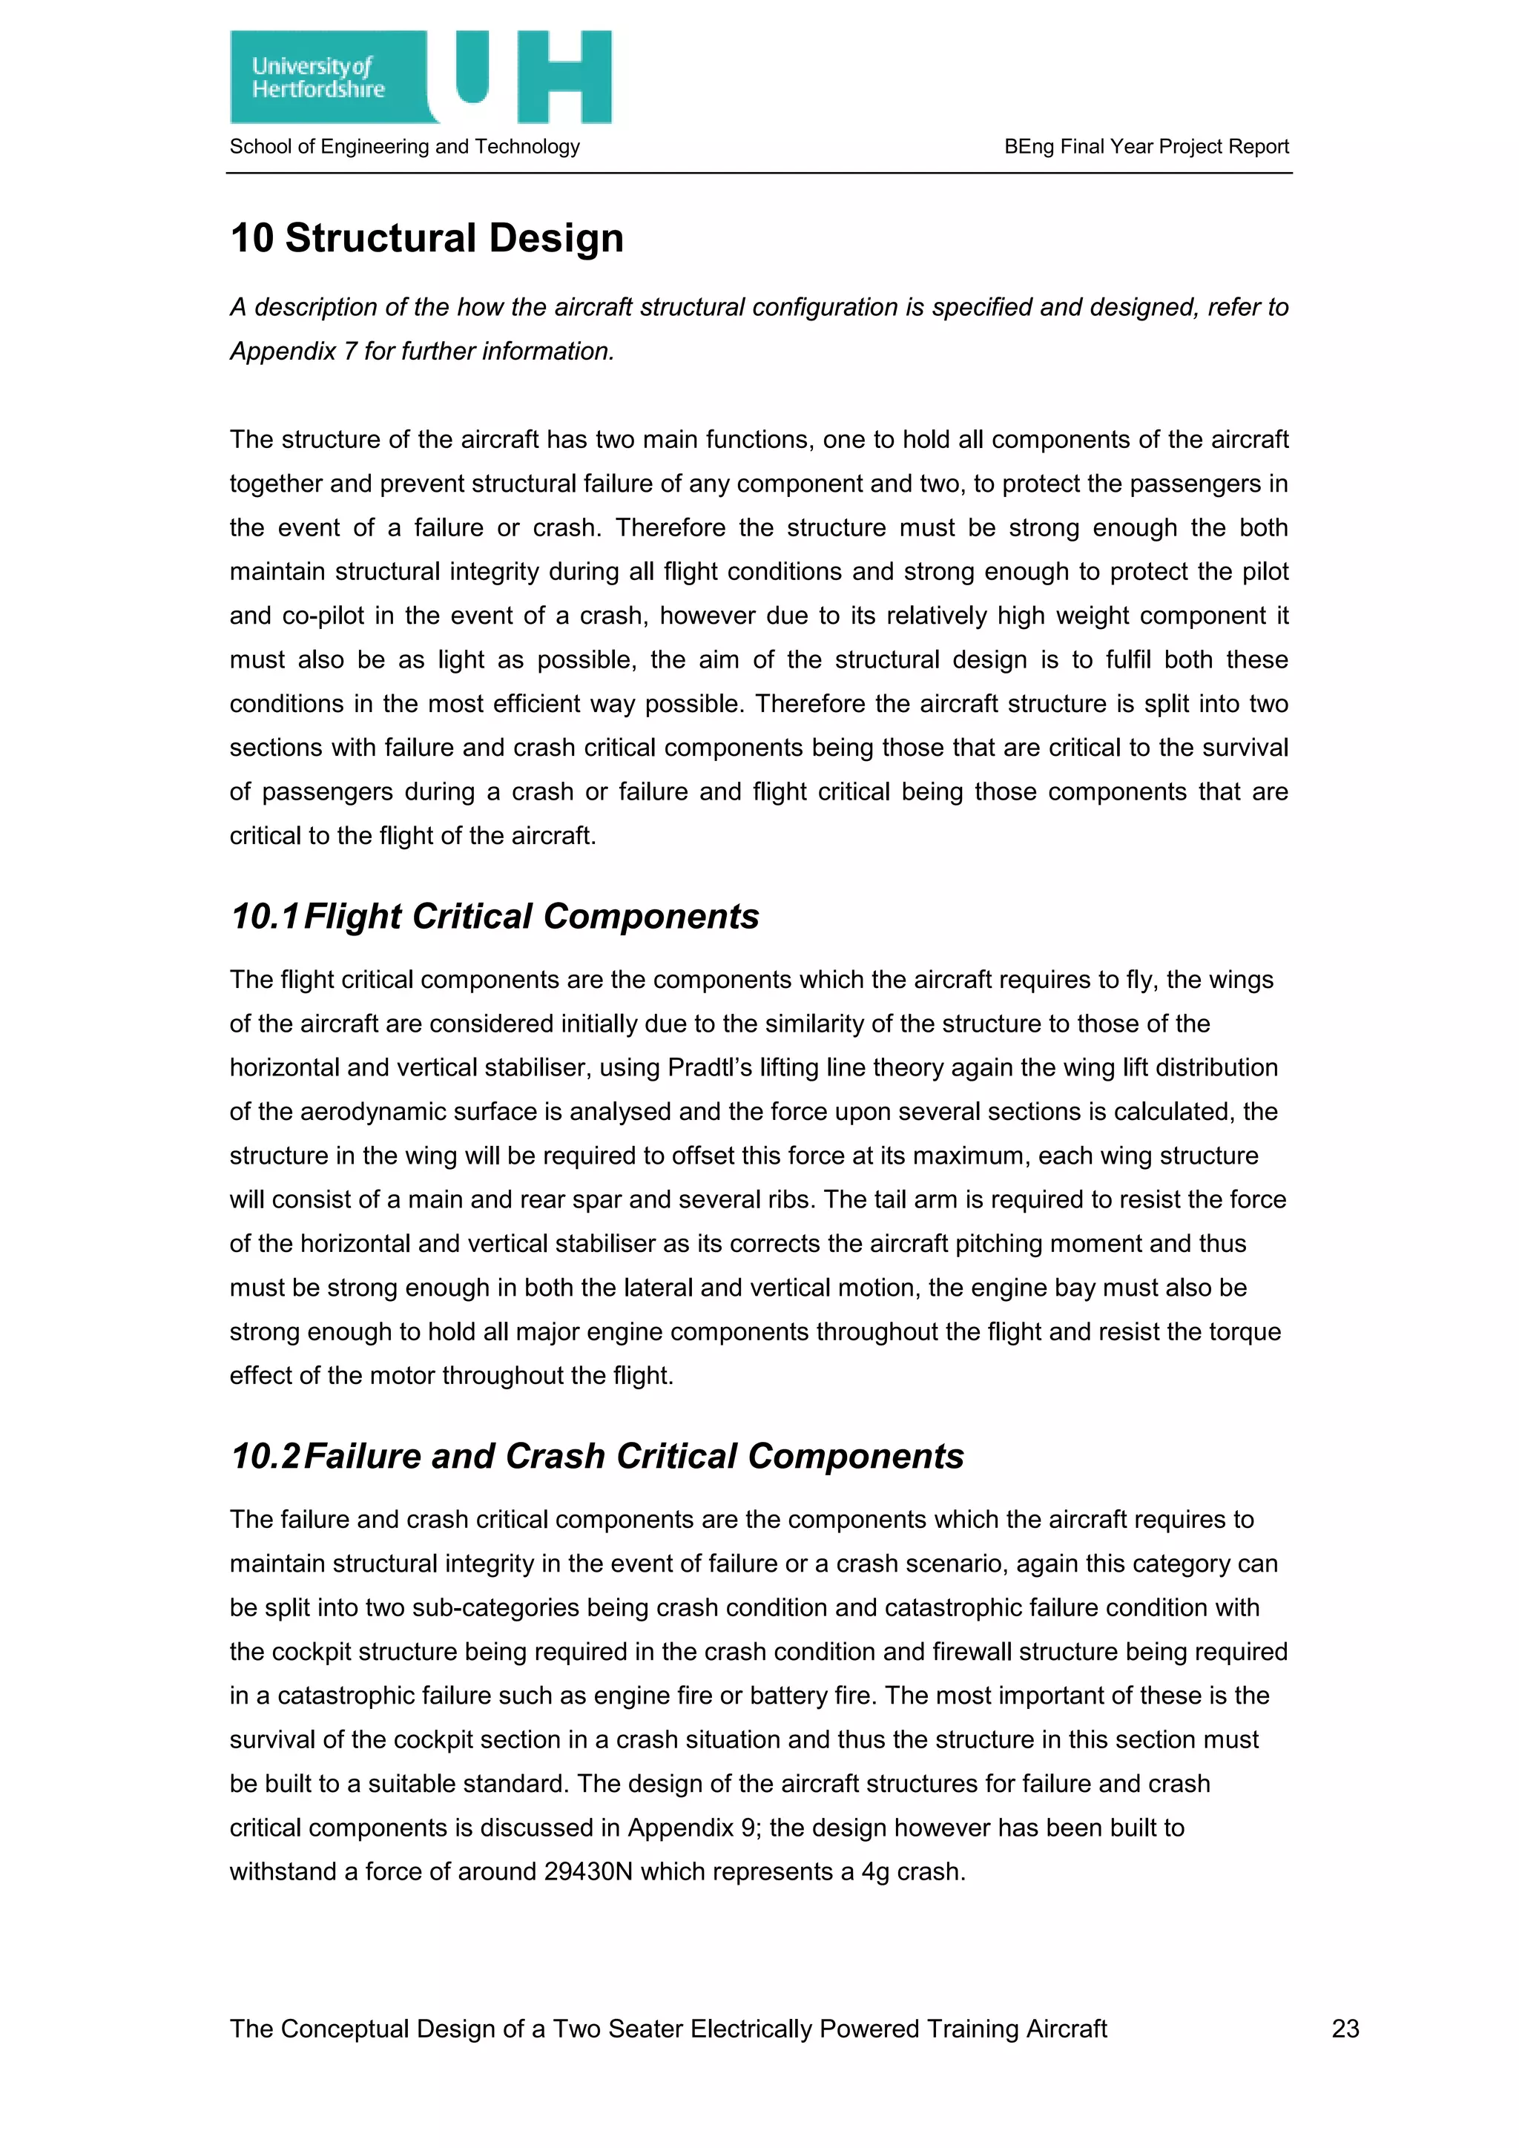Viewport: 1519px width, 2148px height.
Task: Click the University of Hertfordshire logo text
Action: [317, 78]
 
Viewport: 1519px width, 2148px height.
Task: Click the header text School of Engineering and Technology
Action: [404, 147]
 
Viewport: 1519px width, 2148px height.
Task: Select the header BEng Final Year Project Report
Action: [1146, 147]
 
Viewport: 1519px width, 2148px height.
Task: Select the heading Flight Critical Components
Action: [530, 917]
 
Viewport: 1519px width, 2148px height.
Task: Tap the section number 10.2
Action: [265, 1457]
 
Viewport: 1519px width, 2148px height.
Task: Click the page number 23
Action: [1345, 2029]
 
